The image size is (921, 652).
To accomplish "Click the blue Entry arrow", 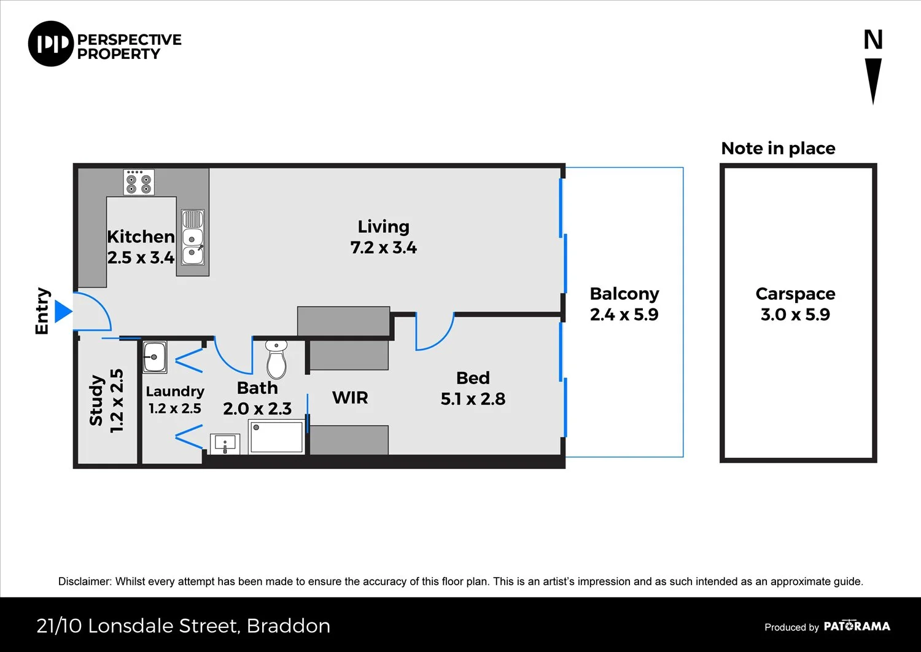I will click(x=63, y=311).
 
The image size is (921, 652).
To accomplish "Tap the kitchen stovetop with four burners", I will click(x=139, y=182).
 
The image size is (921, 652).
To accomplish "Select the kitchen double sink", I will click(x=193, y=237).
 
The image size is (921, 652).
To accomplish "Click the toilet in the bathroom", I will click(x=277, y=359).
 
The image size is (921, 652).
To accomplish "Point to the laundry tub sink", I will click(x=155, y=357).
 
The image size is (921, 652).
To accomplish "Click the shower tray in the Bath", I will click(x=276, y=437).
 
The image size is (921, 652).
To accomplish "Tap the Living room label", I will click(x=383, y=227).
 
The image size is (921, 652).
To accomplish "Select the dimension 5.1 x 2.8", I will click(x=473, y=399).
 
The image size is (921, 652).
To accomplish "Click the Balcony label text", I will click(x=624, y=294).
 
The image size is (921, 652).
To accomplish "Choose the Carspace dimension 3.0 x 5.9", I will click(x=795, y=315).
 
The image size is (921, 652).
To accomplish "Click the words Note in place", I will click(x=778, y=148).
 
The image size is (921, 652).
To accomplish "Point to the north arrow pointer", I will click(x=873, y=81).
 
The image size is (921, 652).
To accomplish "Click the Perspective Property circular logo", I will click(x=50, y=44).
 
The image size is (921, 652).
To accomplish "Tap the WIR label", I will click(x=350, y=398).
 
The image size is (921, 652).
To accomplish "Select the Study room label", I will click(x=96, y=400).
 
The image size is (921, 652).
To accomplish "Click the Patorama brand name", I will click(x=857, y=626).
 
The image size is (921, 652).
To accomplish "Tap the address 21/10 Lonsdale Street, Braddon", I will click(x=183, y=626).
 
